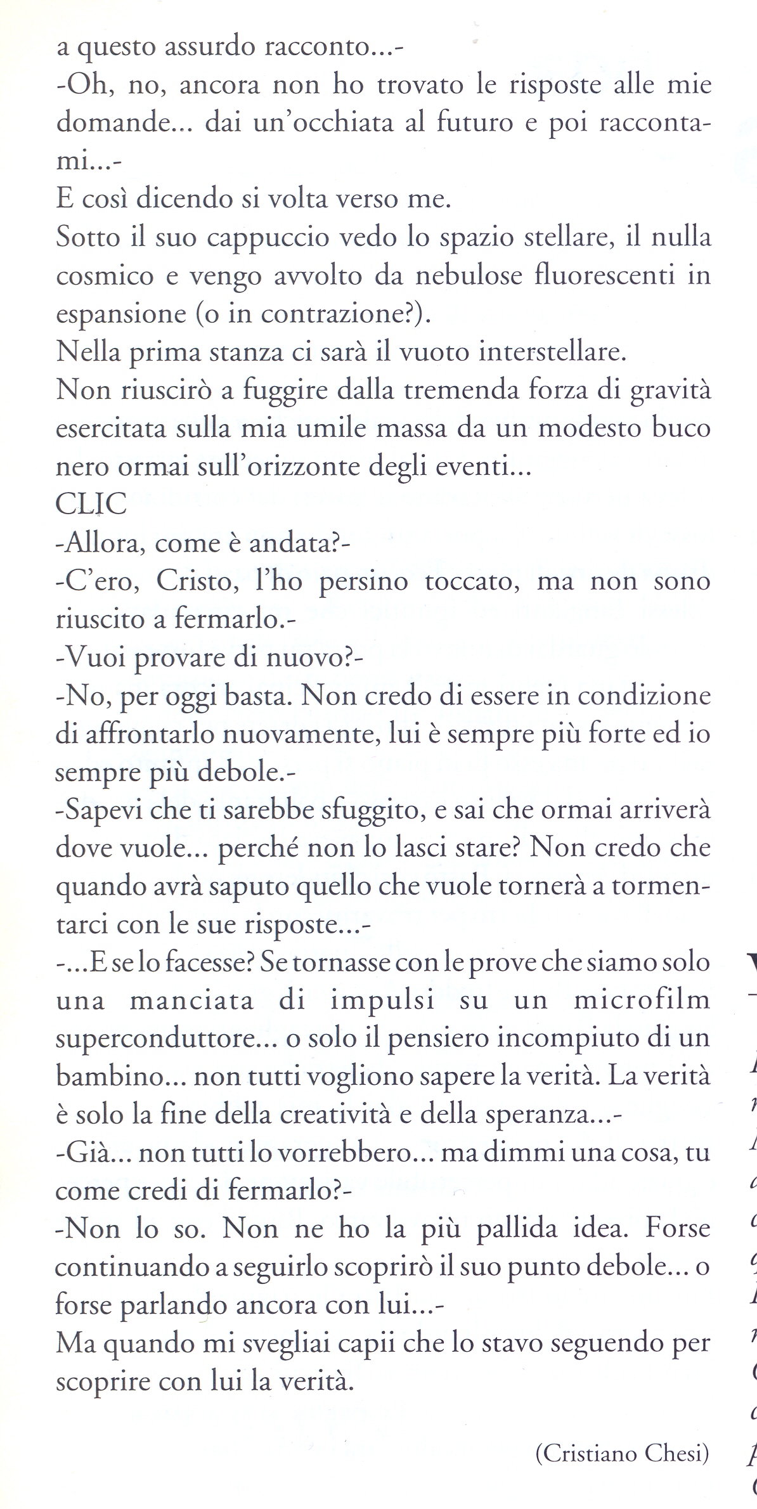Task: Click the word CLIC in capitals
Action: pos(91,506)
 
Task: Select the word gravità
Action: pos(670,391)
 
